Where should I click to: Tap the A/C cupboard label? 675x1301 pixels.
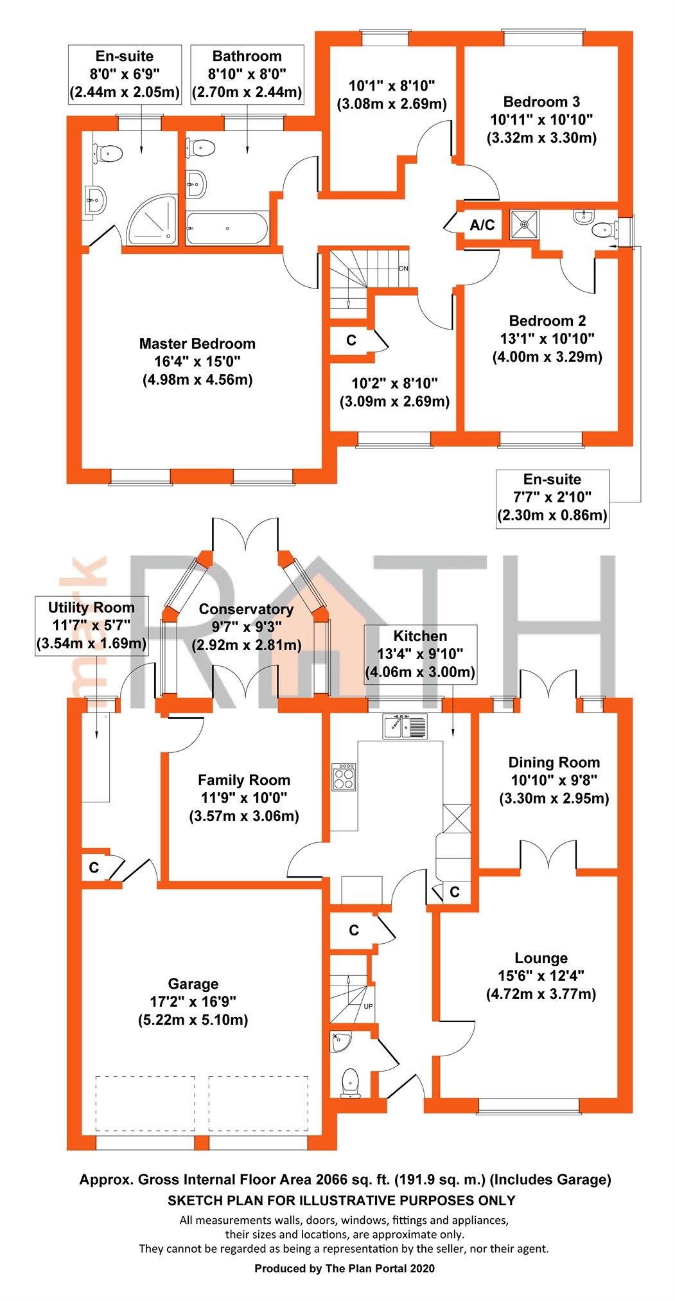482,225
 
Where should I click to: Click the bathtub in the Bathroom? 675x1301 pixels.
227,228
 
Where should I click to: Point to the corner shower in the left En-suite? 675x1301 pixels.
153,220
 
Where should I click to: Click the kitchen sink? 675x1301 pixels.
405,726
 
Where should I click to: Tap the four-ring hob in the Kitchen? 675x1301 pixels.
344,776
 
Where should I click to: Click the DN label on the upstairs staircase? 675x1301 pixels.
403,269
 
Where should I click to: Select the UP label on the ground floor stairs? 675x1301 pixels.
368,1006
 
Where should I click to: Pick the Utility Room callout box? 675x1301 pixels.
91,625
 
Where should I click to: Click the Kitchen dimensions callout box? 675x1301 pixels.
420,654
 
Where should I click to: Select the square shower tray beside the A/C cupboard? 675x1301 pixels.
525,225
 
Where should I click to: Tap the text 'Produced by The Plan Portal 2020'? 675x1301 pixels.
344,1268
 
